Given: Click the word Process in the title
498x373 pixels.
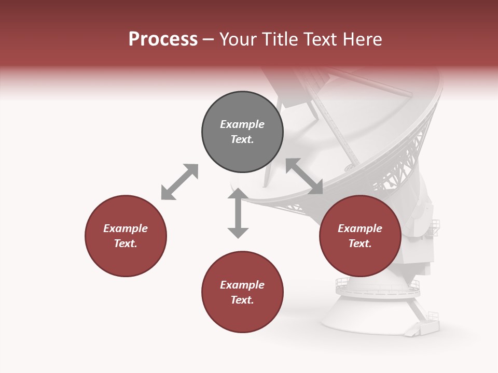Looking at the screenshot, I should (x=163, y=39).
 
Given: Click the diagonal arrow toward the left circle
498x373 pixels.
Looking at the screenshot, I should (x=179, y=182).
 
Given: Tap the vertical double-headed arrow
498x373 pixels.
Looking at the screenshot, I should (x=238, y=213).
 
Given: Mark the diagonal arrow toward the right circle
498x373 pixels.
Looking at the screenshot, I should (x=304, y=176).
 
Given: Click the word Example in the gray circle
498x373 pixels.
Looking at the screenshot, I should (x=242, y=124).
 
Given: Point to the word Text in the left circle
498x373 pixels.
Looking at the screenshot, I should (x=126, y=243).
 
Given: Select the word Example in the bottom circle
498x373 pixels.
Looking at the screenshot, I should (x=242, y=285).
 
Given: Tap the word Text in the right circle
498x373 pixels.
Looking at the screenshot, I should (x=360, y=243).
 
